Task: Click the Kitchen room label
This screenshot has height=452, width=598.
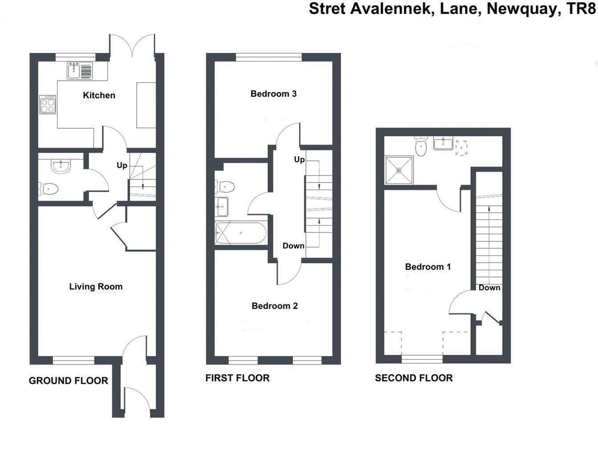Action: click(x=99, y=95)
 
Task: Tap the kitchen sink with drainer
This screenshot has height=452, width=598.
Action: click(x=80, y=71)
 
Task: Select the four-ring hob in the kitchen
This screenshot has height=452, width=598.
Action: click(x=48, y=104)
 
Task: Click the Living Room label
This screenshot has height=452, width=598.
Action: click(x=96, y=286)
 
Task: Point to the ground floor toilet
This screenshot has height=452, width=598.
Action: click(x=49, y=189)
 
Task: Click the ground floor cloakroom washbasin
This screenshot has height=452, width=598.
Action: click(x=61, y=166)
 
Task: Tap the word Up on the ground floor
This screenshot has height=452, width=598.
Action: click(x=122, y=165)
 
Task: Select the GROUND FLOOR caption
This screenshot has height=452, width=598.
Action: click(x=68, y=381)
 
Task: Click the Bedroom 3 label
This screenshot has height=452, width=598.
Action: click(x=273, y=94)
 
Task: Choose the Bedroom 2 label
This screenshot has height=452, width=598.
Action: click(x=274, y=306)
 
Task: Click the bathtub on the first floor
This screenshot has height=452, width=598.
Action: click(x=241, y=233)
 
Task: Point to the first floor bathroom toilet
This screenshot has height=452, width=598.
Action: click(x=225, y=187)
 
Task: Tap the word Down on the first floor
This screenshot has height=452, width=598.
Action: click(x=293, y=246)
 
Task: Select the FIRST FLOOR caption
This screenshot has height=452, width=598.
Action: click(x=237, y=378)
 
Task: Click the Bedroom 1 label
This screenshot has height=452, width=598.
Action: click(x=428, y=267)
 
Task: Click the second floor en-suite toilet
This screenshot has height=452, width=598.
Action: click(x=421, y=147)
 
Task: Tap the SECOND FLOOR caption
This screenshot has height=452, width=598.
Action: click(x=414, y=378)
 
